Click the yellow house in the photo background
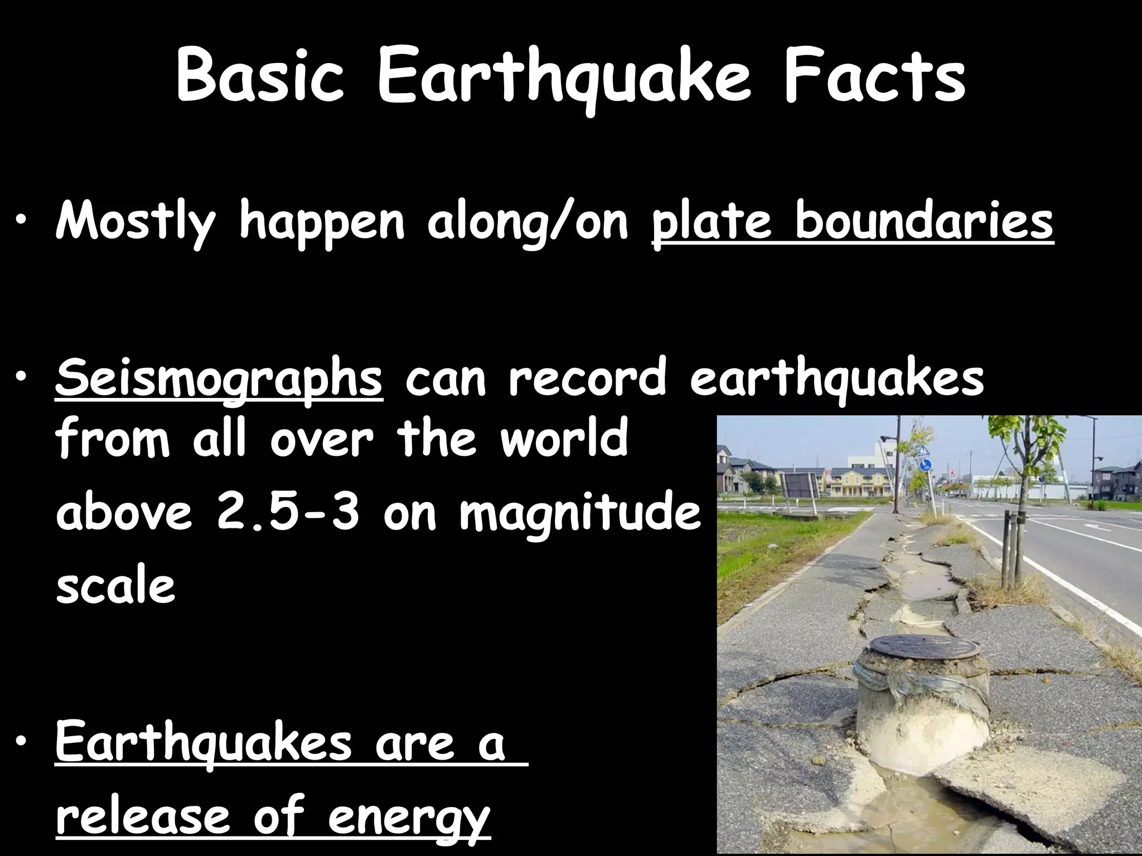click(862, 482)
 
